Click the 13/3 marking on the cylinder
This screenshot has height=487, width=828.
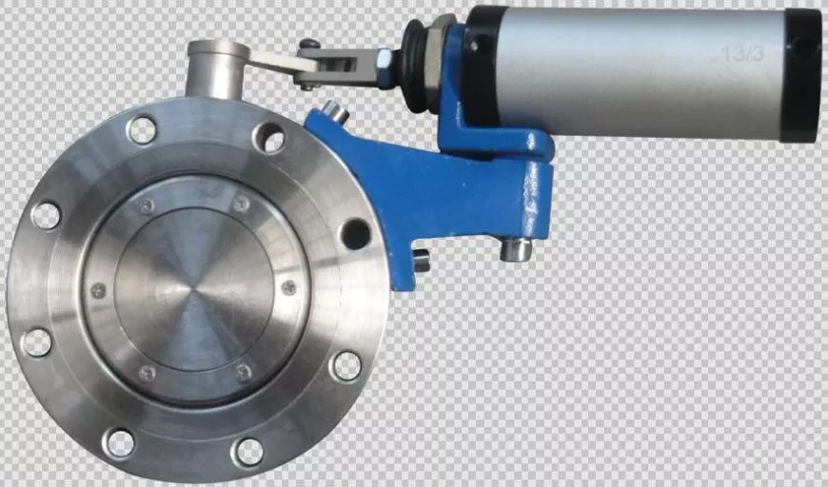(743, 53)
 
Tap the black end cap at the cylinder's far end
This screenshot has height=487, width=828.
(802, 75)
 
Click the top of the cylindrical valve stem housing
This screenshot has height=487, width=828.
(219, 49)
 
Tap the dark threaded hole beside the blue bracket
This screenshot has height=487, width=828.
(355, 233)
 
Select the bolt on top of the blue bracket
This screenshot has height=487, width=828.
(335, 109)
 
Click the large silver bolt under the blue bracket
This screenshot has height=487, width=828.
(516, 249)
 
